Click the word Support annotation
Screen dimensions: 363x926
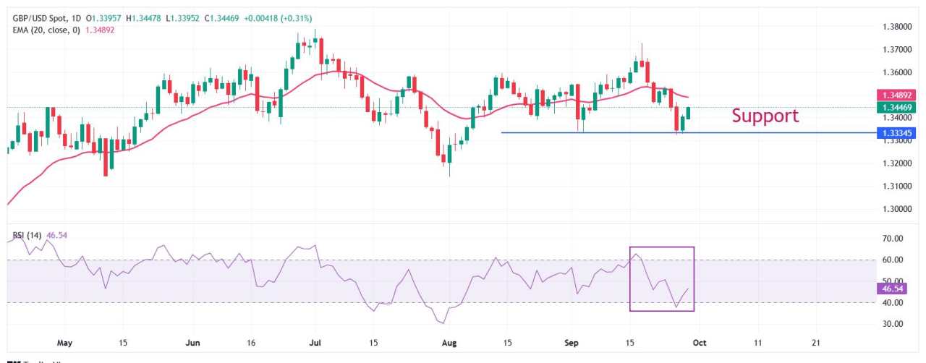pyautogui.click(x=765, y=116)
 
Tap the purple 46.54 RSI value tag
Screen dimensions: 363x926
pyautogui.click(x=890, y=289)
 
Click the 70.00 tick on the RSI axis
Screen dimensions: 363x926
pyautogui.click(x=887, y=239)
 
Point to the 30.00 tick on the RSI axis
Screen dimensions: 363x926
pyautogui.click(x=887, y=325)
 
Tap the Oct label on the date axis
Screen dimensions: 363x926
pyautogui.click(x=699, y=342)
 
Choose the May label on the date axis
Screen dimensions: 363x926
pyautogui.click(x=64, y=342)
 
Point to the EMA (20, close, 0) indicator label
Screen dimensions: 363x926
pyautogui.click(x=43, y=30)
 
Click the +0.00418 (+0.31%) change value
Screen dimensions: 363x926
pyautogui.click(x=276, y=18)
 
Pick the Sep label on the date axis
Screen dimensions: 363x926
pyautogui.click(x=572, y=342)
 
